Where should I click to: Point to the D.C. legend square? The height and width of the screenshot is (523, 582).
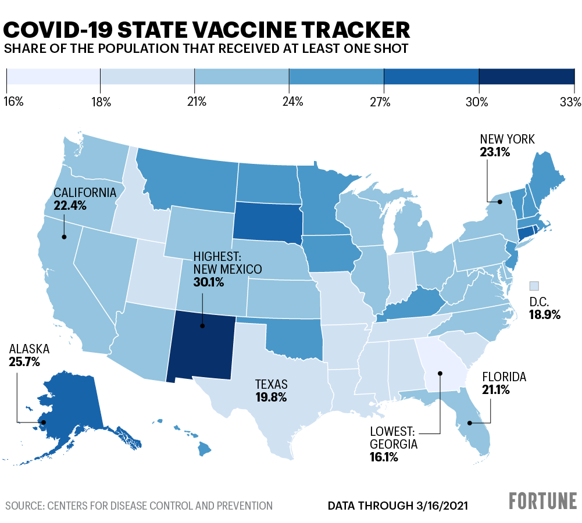(x=534, y=285)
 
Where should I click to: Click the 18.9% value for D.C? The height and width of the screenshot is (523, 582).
(x=544, y=314)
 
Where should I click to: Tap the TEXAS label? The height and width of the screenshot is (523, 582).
(x=271, y=384)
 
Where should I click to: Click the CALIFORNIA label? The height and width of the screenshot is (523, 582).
(x=85, y=192)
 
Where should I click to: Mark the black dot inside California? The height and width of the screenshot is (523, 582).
(x=64, y=237)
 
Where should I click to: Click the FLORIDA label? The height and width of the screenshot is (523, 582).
(x=504, y=377)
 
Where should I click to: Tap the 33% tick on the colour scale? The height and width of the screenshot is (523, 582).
(x=571, y=102)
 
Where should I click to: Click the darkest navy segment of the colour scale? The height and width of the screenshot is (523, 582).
(x=526, y=77)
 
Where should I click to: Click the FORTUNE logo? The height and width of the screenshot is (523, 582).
(x=543, y=500)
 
